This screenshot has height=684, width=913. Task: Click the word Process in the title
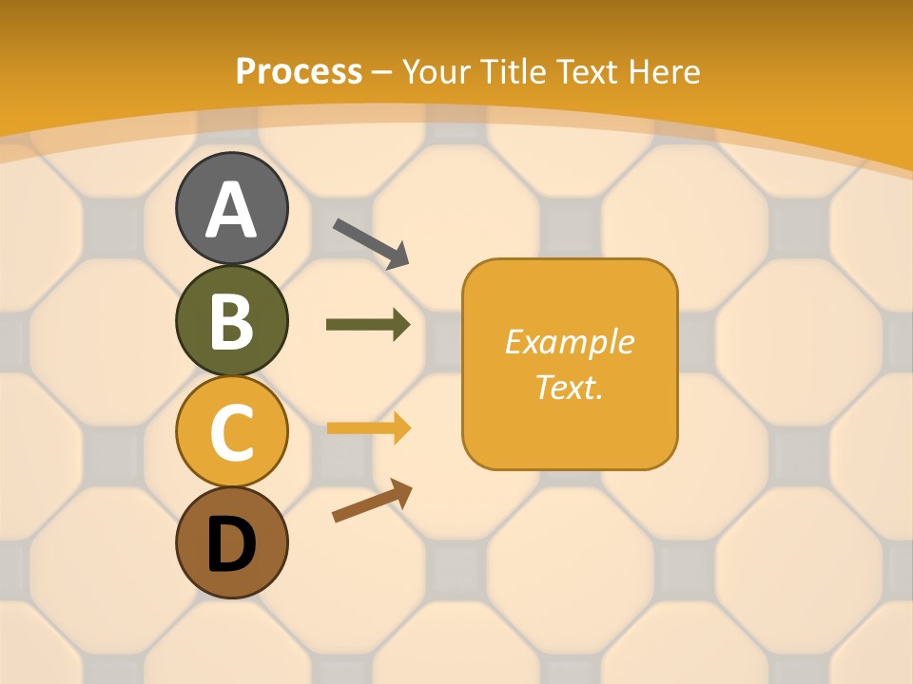[x=299, y=71]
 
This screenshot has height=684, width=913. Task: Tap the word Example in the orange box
[x=569, y=342]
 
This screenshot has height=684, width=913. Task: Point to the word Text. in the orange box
[x=569, y=387]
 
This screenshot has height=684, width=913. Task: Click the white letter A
[x=231, y=211]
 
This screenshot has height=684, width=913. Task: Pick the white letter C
[x=231, y=433]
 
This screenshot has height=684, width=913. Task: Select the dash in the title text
[x=382, y=72]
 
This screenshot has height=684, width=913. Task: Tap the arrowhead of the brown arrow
[x=401, y=492]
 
